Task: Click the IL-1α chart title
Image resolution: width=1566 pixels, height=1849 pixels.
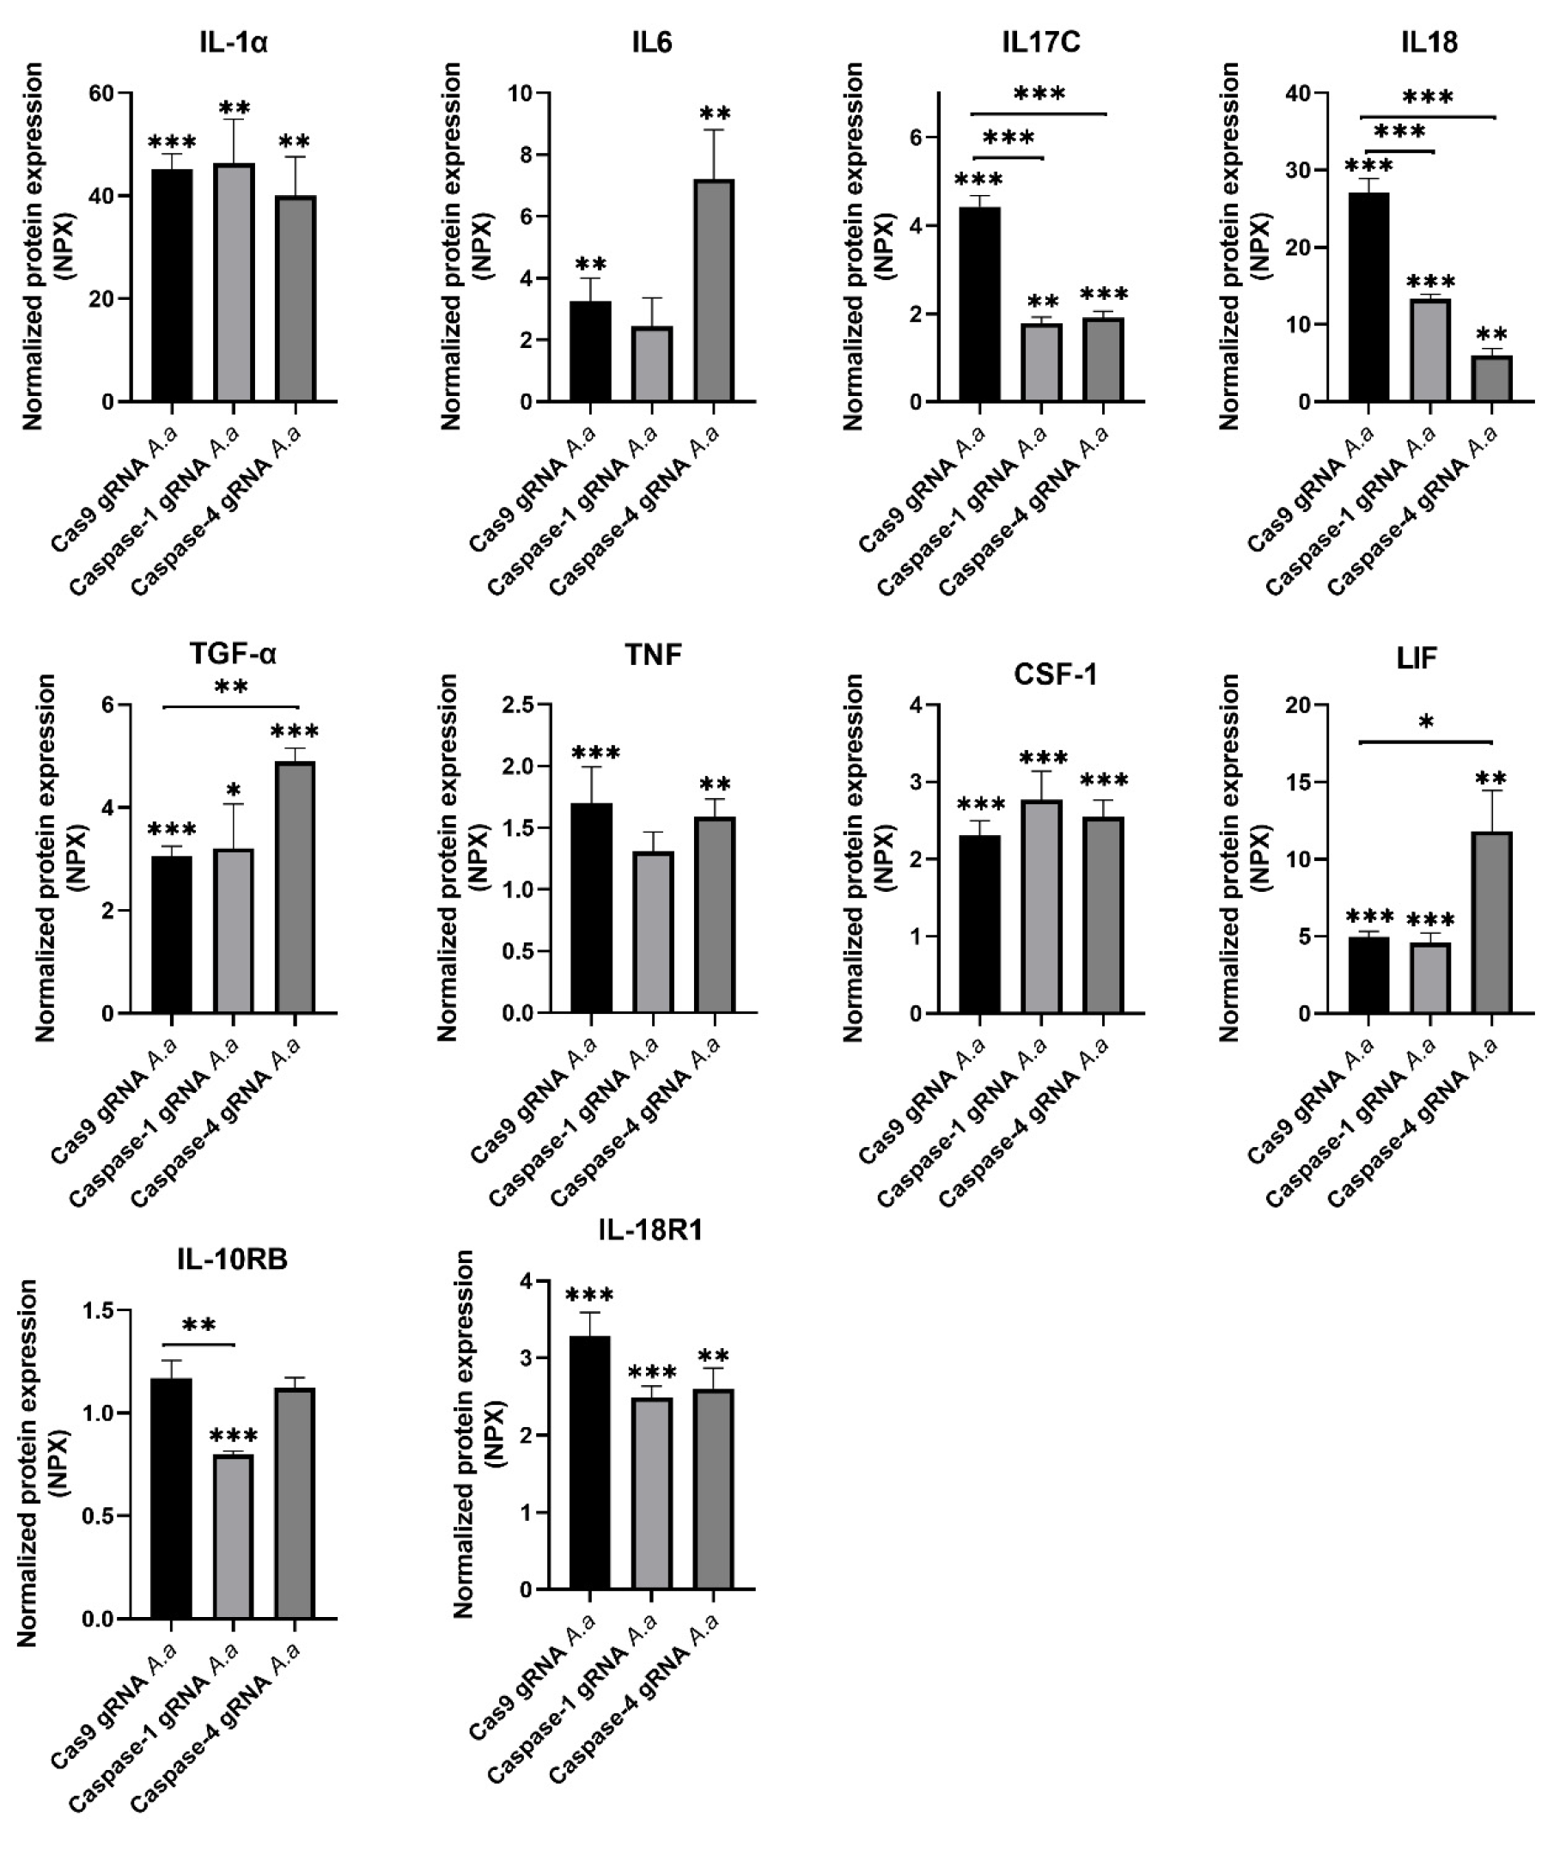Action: click(x=234, y=43)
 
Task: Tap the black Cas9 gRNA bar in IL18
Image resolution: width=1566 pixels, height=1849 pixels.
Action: click(x=1368, y=297)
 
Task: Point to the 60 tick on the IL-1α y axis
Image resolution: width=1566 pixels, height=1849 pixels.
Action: click(x=103, y=94)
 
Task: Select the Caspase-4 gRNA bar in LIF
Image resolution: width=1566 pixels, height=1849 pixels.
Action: click(x=1491, y=924)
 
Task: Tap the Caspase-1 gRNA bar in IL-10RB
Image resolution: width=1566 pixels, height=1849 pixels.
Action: click(x=234, y=1536)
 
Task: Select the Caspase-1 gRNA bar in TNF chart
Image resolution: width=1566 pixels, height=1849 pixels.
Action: click(x=653, y=932)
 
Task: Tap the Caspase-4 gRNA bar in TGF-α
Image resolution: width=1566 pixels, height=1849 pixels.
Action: click(x=295, y=888)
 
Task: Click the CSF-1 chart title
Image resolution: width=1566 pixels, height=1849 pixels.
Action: click(x=1055, y=675)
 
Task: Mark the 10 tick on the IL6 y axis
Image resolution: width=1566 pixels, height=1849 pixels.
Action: click(x=521, y=94)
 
